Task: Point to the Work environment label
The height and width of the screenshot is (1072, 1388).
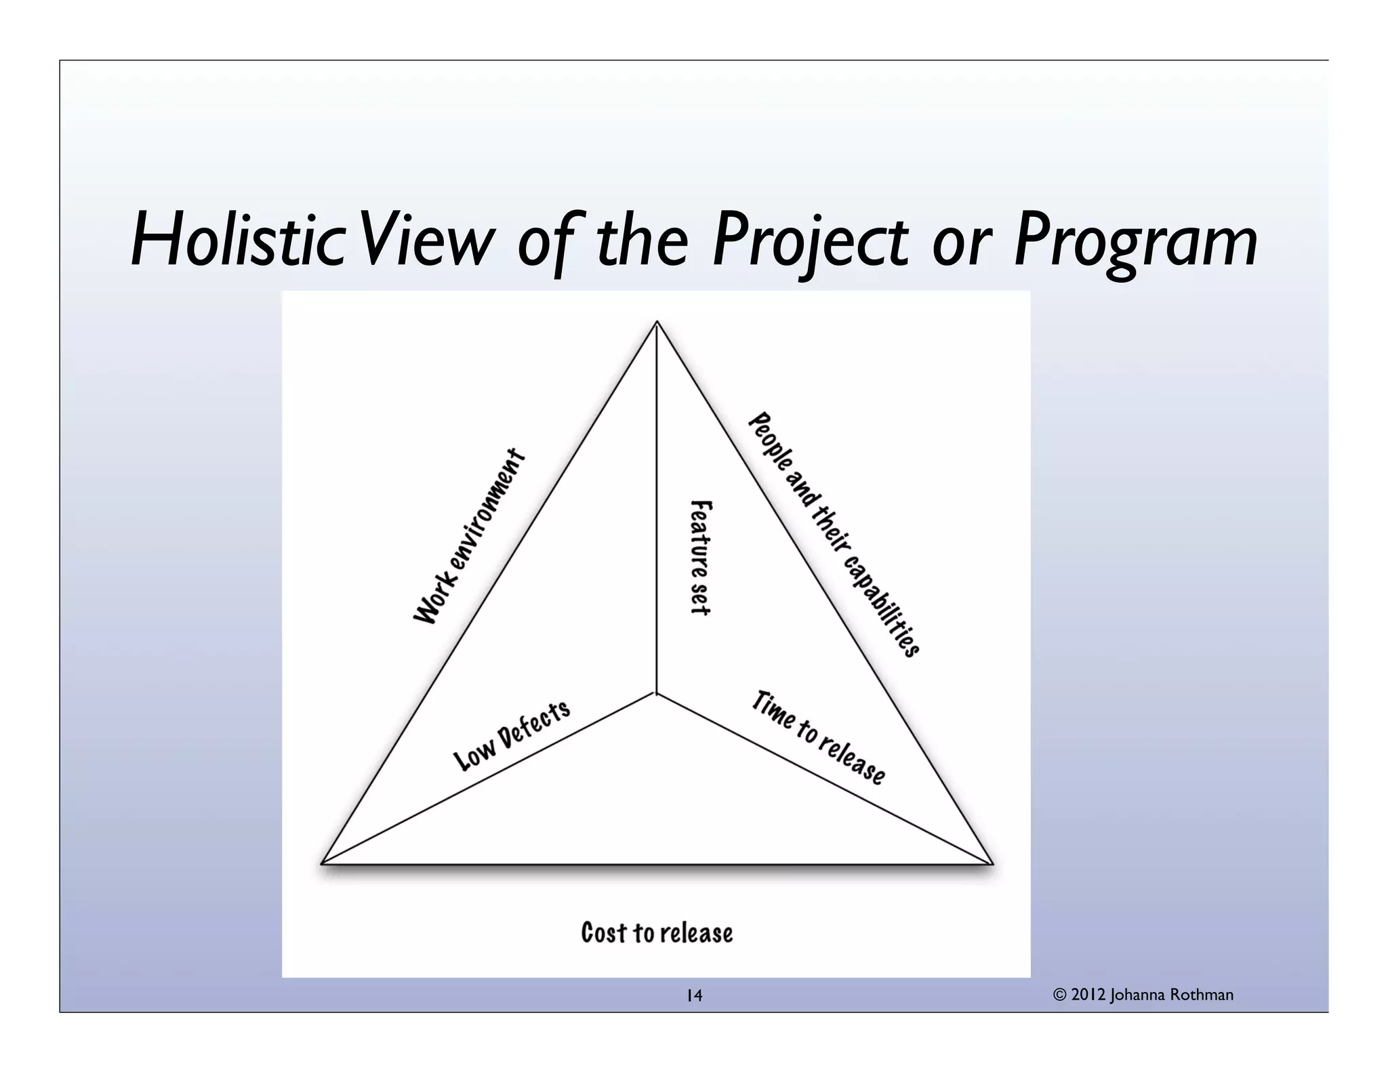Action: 470,536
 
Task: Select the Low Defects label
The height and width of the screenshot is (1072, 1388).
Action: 512,736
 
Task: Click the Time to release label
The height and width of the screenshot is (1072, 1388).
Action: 818,737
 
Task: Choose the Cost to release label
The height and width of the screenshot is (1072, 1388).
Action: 657,933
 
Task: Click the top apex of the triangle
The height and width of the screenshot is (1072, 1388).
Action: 657,322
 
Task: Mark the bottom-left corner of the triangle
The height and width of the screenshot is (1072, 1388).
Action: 322,863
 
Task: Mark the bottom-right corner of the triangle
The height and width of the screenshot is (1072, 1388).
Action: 992,863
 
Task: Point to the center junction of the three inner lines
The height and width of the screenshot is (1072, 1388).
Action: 656,693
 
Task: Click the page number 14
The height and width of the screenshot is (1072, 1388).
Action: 694,995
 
